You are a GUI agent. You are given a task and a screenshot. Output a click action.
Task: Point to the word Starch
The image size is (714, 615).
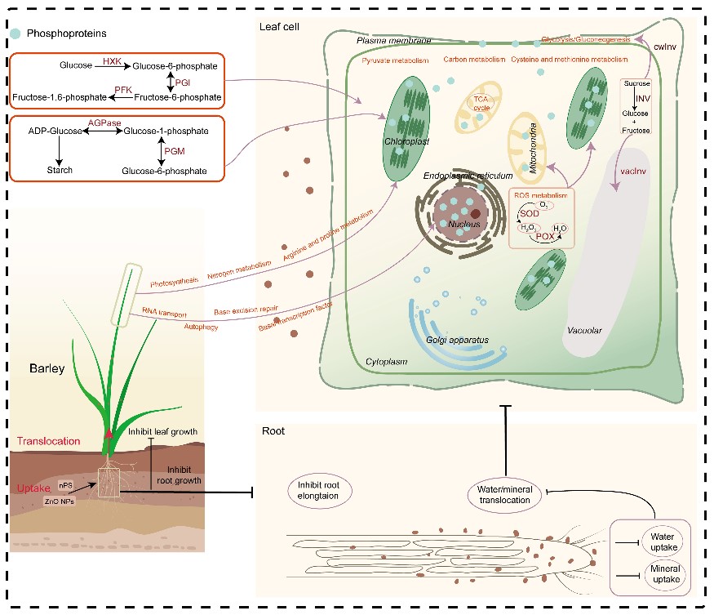60,170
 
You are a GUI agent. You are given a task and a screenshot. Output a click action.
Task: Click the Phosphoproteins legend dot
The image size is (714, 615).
19,33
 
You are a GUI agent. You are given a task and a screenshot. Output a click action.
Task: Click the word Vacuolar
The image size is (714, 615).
584,331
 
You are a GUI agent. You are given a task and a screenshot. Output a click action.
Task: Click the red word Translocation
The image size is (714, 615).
49,441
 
